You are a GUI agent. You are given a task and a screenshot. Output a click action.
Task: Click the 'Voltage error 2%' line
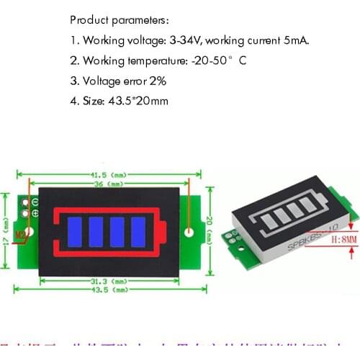click(123, 81)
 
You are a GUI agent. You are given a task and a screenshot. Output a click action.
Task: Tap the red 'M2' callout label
click(21, 234)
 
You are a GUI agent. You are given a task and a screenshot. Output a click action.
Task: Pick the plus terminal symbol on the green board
click(35, 212)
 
